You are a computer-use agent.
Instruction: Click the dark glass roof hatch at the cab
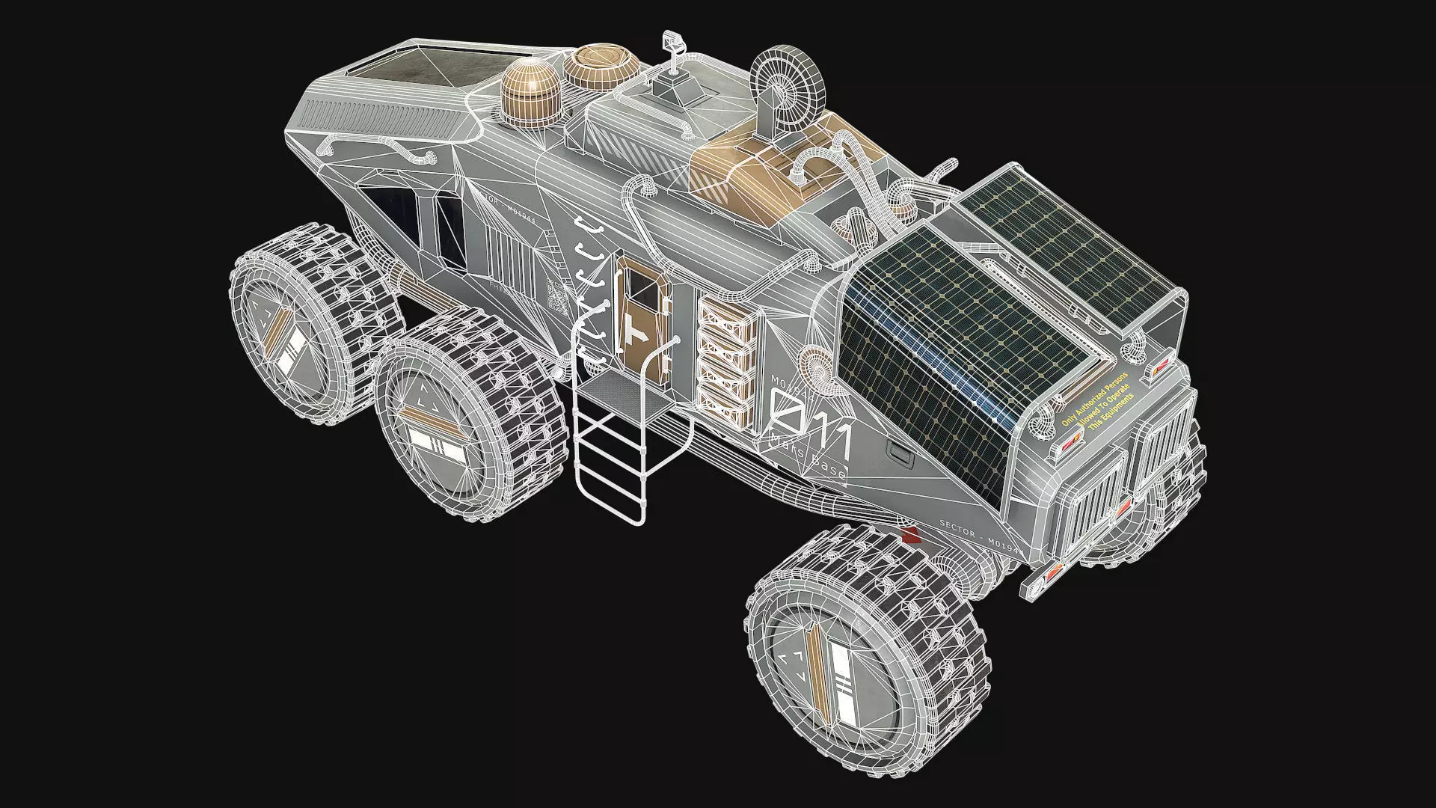click(x=419, y=65)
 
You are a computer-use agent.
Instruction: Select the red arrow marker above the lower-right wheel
click(x=909, y=535)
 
